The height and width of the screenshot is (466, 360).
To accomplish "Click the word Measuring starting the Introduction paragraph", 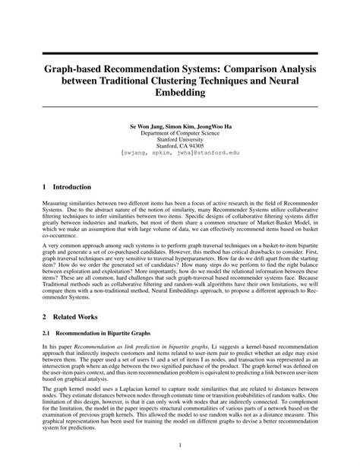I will pyautogui.click(x=59, y=205).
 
